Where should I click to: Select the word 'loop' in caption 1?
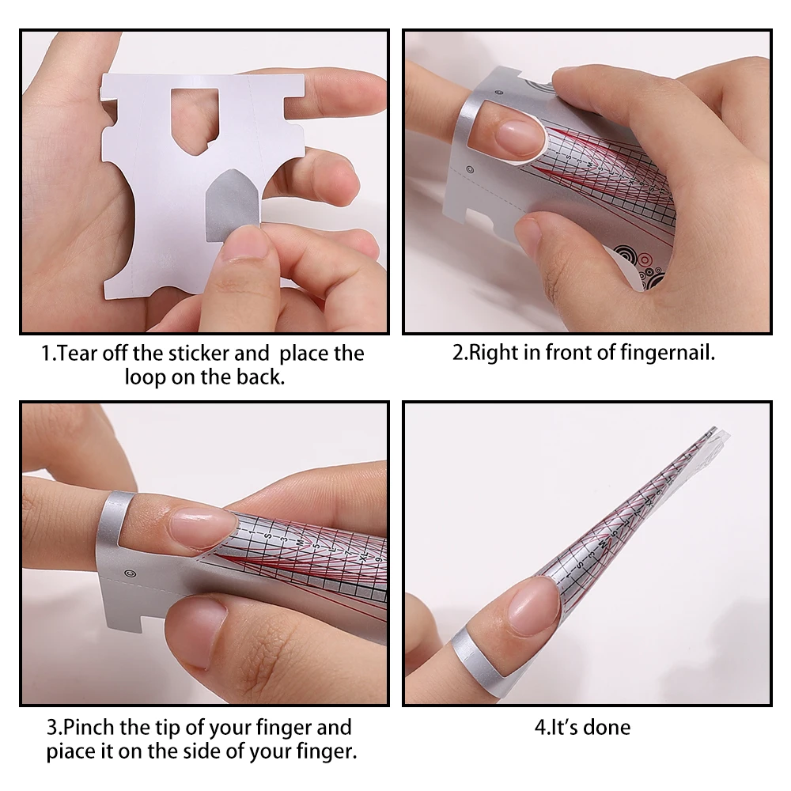pyautogui.click(x=146, y=377)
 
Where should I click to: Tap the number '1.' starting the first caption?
pyautogui.click(x=49, y=353)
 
